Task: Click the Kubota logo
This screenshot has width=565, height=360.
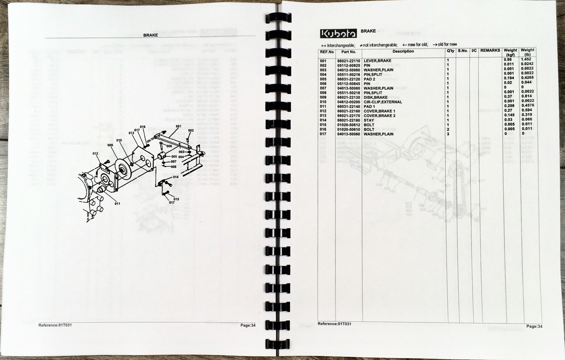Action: point(338,33)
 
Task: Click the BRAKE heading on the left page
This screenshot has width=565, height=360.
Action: point(150,35)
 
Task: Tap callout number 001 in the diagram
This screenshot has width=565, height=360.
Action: point(178,126)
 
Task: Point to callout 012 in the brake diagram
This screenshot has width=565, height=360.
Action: point(95,154)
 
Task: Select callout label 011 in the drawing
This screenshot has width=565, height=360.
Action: point(117,204)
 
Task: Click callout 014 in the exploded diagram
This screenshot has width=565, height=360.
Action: point(176,177)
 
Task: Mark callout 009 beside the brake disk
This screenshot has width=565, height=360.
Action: point(110,145)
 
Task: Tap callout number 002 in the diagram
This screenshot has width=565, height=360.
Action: point(191,131)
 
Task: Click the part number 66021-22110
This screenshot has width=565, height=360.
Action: point(349,61)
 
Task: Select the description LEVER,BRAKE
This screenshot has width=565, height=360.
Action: point(377,61)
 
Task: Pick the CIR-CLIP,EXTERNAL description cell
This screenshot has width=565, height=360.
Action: point(383,102)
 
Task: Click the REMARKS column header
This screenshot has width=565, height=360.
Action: point(490,50)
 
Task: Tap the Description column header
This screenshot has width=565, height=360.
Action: point(403,52)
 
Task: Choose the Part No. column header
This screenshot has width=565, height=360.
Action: point(349,52)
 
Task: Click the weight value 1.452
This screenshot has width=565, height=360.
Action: point(526,59)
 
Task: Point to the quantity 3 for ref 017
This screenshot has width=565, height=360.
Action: point(448,134)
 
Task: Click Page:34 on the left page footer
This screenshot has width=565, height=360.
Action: point(248,325)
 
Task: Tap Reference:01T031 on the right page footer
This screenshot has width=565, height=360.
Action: point(334,324)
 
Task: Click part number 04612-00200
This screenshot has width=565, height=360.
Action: point(349,102)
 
